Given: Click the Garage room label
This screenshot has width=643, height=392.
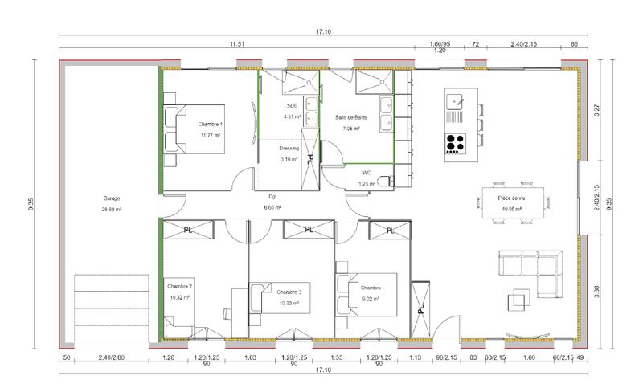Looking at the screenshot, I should click(x=112, y=198).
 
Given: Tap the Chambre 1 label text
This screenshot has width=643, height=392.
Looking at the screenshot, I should click(x=211, y=125).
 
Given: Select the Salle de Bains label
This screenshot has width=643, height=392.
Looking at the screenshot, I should click(x=351, y=118).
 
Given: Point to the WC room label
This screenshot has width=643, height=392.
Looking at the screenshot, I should click(x=367, y=172).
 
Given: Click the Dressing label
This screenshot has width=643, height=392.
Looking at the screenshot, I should click(x=289, y=149).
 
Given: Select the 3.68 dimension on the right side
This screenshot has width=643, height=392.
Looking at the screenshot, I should click(x=596, y=288).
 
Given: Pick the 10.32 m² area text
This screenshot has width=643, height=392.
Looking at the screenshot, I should click(x=180, y=297).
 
